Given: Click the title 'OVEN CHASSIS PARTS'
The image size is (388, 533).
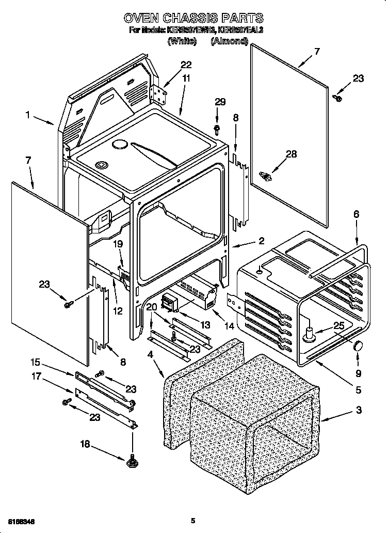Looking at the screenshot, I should point(193,19).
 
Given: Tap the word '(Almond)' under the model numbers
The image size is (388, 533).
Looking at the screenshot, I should point(229,41).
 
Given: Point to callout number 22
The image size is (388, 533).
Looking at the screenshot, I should point(186,65).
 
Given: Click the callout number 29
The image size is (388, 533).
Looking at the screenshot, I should point(220,102).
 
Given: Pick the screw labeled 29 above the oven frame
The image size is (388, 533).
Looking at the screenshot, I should point(217,127).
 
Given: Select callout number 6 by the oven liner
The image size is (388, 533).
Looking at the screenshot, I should point(356,214).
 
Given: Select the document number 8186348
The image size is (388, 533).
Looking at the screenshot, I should point(22,521).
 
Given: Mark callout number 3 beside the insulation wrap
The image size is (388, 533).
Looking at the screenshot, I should point(359,411).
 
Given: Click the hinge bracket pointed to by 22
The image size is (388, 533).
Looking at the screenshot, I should point(159,93).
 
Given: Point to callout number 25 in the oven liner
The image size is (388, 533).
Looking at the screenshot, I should point(338,326).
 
